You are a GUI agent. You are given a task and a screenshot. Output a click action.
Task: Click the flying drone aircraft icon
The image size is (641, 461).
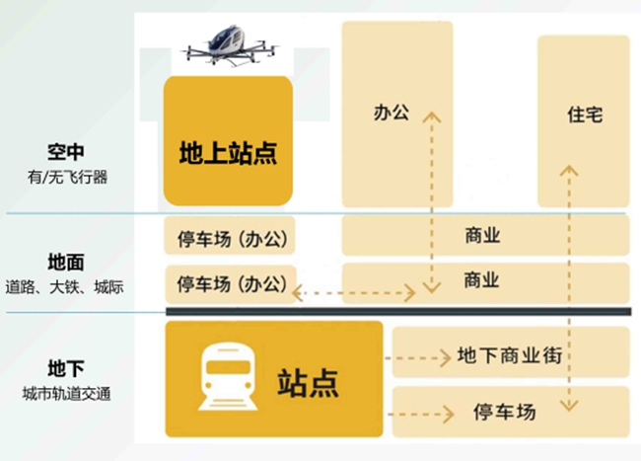(x=231, y=45)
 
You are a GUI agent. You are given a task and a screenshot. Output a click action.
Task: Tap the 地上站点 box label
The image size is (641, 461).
(x=228, y=153)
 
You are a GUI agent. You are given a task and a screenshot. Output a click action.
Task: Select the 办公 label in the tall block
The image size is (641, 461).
(x=392, y=113)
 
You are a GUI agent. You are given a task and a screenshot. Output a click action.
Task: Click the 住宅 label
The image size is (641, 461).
(x=585, y=115)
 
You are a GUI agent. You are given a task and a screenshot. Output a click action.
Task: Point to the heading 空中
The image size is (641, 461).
(x=66, y=152)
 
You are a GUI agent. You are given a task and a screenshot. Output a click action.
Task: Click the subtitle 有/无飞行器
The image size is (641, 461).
(x=67, y=178)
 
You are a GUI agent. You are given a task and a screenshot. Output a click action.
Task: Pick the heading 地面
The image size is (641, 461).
(x=66, y=263)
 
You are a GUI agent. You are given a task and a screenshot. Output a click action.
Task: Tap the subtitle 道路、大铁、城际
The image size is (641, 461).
(x=64, y=287)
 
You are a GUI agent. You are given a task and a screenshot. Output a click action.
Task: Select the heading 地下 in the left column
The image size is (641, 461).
(x=66, y=368)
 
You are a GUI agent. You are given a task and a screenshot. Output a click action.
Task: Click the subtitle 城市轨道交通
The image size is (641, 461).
(x=67, y=394)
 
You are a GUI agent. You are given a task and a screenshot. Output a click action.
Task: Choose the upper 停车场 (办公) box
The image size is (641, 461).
(x=230, y=236)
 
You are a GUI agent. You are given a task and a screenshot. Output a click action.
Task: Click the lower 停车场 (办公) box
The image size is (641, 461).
(x=231, y=284)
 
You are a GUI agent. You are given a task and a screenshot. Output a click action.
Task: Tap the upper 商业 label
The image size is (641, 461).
(x=482, y=236)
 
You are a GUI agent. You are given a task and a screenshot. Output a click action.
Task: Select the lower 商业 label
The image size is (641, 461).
(x=481, y=280)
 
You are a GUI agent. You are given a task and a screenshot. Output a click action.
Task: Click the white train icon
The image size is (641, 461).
(x=228, y=376)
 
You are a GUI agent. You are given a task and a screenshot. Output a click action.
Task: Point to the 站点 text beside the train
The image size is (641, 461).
(x=309, y=383)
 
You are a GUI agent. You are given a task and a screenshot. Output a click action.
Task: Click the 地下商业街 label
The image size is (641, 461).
(x=510, y=355)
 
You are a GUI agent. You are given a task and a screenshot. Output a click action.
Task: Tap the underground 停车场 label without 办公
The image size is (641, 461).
(x=505, y=412)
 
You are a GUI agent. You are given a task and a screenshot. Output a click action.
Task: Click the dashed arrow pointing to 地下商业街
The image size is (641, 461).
(x=418, y=358)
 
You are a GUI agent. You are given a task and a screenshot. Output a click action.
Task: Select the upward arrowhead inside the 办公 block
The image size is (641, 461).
(x=432, y=117)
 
